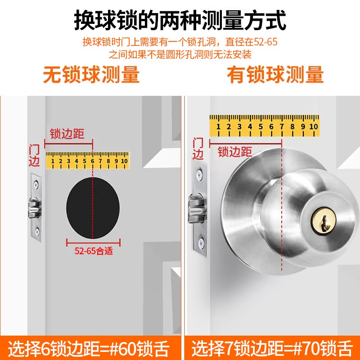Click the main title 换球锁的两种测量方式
(x=180, y=20)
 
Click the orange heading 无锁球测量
(x=91, y=75)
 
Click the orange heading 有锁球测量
(x=275, y=75)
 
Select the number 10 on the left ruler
(x=124, y=161)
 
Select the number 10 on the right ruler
(x=313, y=126)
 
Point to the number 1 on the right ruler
(x=218, y=126)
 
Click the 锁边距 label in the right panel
(x=234, y=152)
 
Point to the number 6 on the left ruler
(x=92, y=161)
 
